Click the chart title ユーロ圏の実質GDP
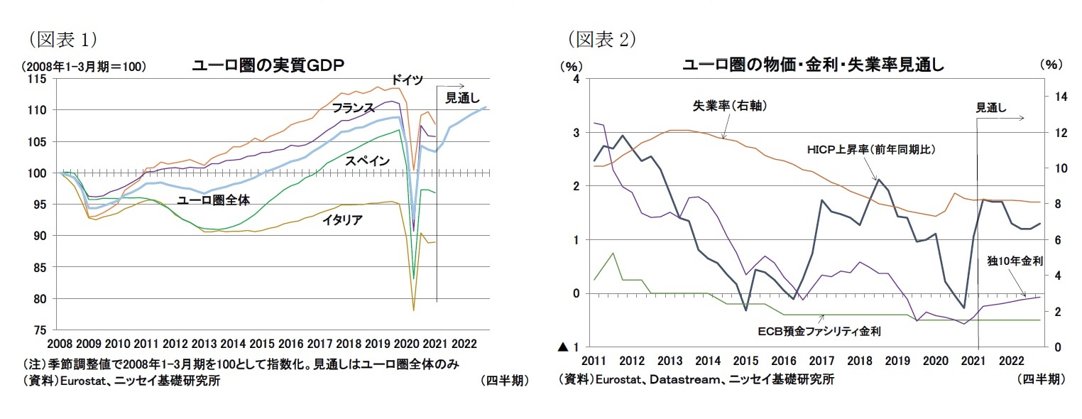268,65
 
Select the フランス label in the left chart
353,108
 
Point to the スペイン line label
367,161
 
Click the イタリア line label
342,219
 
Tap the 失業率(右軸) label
729,105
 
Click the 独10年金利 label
1015,261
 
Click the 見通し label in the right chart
990,108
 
